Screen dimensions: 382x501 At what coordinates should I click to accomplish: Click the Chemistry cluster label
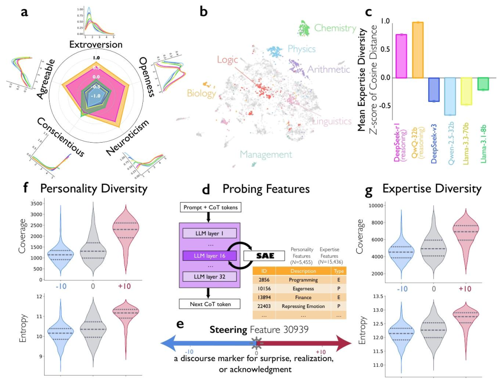335,28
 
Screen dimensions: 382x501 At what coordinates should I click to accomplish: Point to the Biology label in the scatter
202,94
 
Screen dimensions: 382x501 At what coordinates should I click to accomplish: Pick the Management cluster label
266,155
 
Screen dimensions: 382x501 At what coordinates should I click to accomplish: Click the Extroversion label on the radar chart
96,44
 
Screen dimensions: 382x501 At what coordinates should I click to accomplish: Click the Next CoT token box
209,304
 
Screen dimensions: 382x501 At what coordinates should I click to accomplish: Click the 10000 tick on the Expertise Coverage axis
376,206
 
